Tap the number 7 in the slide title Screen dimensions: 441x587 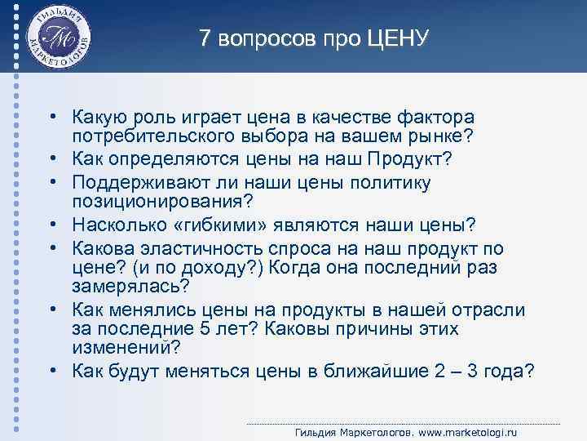point(205,38)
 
